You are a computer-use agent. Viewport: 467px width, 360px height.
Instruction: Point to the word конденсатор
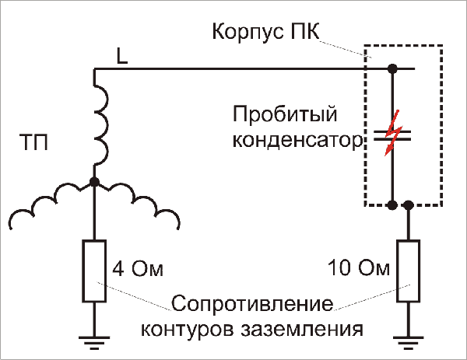click(297, 142)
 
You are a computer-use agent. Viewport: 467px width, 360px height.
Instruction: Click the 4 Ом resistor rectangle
click(94, 271)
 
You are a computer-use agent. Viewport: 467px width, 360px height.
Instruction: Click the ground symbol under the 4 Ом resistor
click(94, 341)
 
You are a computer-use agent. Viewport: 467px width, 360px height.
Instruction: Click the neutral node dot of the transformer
click(94, 182)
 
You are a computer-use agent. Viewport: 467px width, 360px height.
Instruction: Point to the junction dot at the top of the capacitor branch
click(393, 69)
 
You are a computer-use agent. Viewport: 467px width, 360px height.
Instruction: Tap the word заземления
click(310, 327)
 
